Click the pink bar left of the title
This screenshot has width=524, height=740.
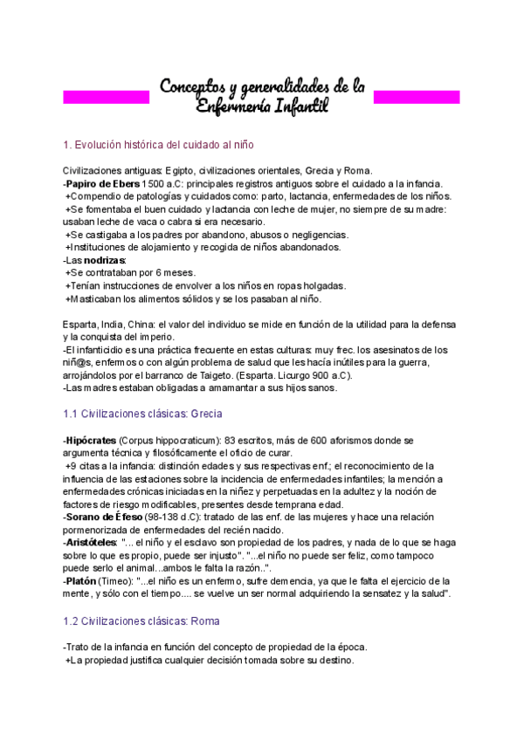point(106,95)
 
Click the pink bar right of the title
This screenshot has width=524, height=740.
point(417,95)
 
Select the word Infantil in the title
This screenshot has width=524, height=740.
point(296,106)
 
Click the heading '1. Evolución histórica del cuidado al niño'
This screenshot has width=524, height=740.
point(158,143)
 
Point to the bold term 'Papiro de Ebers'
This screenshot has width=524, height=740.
point(95,183)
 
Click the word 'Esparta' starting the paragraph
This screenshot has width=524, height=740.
point(80,324)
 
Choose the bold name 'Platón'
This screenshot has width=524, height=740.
point(81,580)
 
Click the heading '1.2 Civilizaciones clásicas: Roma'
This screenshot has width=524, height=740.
point(141,620)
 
